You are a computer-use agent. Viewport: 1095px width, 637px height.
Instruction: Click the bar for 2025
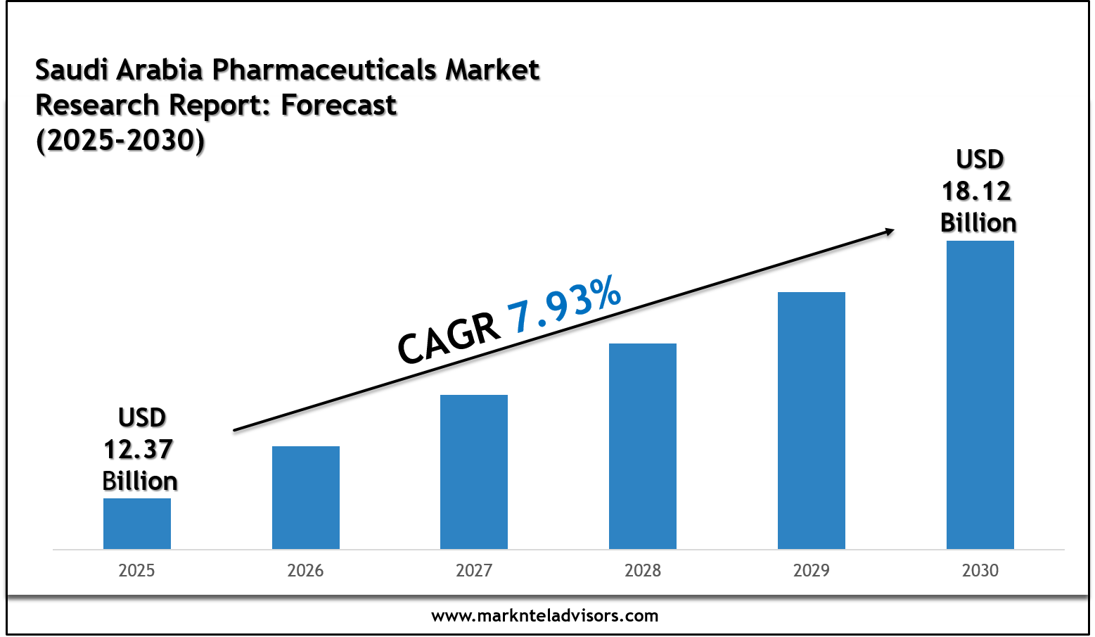[137, 524]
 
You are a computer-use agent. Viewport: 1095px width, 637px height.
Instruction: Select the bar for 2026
[306, 498]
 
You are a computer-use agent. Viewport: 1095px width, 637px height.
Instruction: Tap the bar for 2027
[474, 472]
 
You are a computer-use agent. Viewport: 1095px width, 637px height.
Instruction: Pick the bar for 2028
[643, 446]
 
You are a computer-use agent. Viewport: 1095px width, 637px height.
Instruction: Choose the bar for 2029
[812, 420]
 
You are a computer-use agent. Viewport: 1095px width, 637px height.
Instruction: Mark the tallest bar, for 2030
[980, 395]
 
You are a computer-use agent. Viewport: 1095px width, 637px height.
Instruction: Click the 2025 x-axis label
[136, 570]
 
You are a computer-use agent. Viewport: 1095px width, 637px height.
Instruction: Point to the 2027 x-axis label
[474, 570]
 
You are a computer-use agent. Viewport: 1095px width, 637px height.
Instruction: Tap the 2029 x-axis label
[812, 570]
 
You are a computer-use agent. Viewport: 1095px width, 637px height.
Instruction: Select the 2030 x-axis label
[980, 570]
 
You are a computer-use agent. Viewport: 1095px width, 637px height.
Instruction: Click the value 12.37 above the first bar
[139, 449]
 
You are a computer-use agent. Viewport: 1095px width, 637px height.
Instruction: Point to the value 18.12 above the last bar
[977, 191]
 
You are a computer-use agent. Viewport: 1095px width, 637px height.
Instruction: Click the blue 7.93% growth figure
[564, 305]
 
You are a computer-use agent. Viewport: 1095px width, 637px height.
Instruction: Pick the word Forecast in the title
[339, 105]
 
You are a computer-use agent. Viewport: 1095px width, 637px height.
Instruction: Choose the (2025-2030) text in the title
[120, 140]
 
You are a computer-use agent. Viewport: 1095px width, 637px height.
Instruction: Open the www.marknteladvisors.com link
[545, 616]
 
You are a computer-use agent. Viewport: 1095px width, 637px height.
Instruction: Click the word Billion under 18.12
[978, 222]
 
